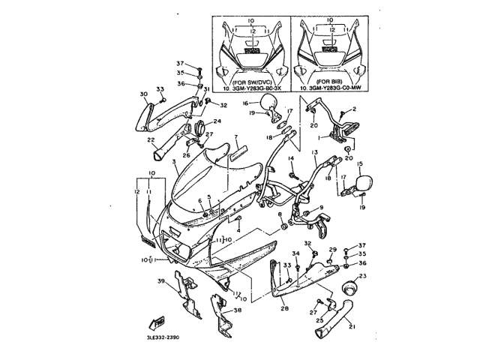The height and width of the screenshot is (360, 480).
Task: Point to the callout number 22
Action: click(151, 139)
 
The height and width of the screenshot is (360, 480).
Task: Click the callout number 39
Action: click(160, 281)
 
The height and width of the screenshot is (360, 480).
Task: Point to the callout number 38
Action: click(238, 310)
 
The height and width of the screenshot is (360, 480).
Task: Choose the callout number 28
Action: click(284, 307)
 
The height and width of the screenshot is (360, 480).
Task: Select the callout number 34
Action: click(295, 254)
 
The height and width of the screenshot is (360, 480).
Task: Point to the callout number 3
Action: click(173, 161)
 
